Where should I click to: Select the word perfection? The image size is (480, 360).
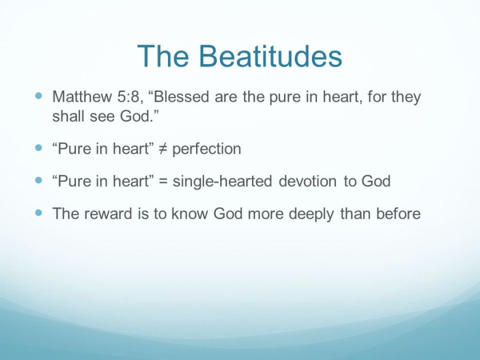pos(206,149)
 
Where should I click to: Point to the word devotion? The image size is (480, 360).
pos(308,182)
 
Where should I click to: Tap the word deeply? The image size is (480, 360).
pos(309,214)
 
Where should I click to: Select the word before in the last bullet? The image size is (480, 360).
pos(398,214)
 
